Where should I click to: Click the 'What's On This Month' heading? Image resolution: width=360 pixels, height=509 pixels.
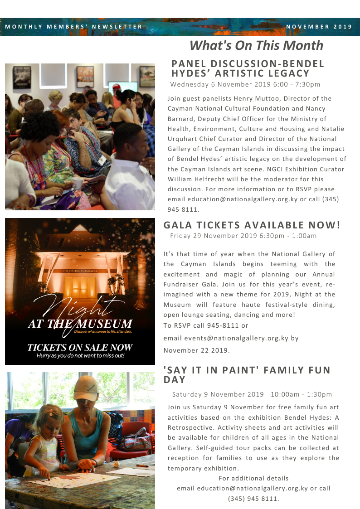point(256,46)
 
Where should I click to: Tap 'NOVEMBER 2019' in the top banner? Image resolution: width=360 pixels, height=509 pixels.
point(319,27)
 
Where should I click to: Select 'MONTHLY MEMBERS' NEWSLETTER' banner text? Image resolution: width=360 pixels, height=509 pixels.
point(74,27)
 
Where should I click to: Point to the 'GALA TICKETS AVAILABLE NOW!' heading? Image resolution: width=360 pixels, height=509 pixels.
point(252,225)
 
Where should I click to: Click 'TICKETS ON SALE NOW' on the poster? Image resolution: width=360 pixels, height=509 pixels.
point(80,348)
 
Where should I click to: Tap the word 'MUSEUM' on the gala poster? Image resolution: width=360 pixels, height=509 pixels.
point(107,324)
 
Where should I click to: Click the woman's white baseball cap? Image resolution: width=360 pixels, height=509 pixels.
point(86,386)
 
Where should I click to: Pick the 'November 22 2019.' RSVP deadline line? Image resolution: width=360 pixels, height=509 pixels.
point(196,350)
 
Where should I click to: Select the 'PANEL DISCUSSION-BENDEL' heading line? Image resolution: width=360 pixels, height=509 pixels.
point(248,64)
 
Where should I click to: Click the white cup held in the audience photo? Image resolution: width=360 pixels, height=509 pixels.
point(78,183)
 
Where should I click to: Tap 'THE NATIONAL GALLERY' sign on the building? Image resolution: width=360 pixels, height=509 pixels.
point(80,271)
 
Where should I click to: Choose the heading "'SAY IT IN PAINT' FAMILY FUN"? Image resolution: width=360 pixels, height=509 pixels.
point(247,370)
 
